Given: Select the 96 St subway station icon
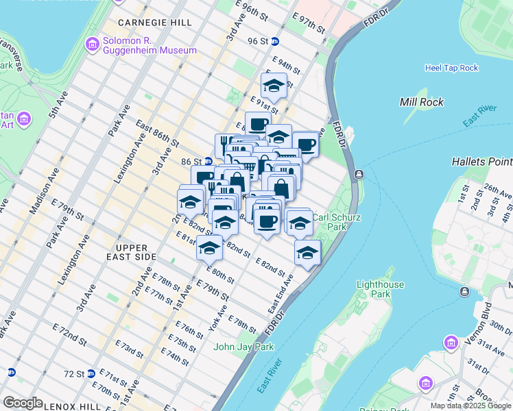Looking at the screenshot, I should coord(274,41).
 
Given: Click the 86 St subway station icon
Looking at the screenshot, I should coord(208,162).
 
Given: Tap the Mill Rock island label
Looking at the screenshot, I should coord(422,102).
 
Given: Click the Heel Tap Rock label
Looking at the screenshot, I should coord(451,68).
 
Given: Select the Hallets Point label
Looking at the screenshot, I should coord(481,162).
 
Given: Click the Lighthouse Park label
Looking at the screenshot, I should coord(381,289).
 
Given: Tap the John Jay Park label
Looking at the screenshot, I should coord(243,347).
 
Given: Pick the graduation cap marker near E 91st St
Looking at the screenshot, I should coord(274,87).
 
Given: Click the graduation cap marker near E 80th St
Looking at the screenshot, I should coord(209,249).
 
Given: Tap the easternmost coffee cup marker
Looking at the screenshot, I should coord(307,145).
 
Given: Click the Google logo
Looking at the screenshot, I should coord(23,402).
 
